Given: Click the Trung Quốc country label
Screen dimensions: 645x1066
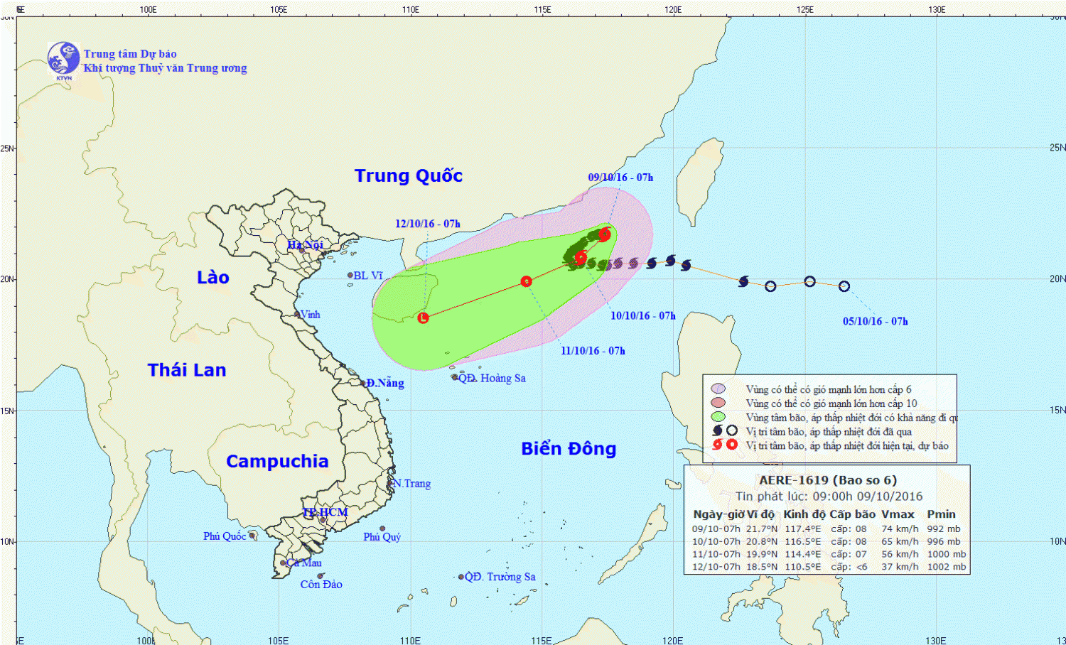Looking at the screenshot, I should pos(409,176).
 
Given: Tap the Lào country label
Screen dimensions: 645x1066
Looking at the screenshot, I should pos(213,278).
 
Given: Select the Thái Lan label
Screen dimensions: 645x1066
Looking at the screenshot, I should pos(187,370).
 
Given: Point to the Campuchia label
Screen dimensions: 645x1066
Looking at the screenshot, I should pos(277,462).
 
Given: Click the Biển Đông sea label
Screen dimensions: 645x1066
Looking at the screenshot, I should pos(569,449).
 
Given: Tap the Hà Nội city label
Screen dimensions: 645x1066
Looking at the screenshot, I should pos(305,245).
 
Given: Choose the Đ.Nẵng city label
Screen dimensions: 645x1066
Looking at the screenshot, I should pos(385,383).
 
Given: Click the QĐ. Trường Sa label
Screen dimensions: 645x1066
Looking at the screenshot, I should pos(500,577).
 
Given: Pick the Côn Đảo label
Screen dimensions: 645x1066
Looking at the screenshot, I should pos(321,585).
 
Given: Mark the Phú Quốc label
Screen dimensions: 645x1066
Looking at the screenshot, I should pos(225,536).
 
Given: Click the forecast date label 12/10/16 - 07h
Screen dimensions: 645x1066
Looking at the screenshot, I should pos(428,224).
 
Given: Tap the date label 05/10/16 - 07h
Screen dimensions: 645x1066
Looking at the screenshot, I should pos(876,322).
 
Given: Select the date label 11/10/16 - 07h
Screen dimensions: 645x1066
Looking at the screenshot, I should pos(593,351).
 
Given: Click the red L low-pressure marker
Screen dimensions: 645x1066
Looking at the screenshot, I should pos(423,318).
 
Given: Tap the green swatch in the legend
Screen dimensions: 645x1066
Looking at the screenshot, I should pos(718,417).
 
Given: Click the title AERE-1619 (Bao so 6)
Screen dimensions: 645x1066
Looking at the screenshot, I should pos(828,480).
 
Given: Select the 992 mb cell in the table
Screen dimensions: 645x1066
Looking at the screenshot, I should pos(944,529).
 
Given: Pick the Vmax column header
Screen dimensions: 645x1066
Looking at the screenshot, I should pos(898,514).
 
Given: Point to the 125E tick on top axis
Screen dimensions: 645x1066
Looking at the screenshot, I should pos(805,10).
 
